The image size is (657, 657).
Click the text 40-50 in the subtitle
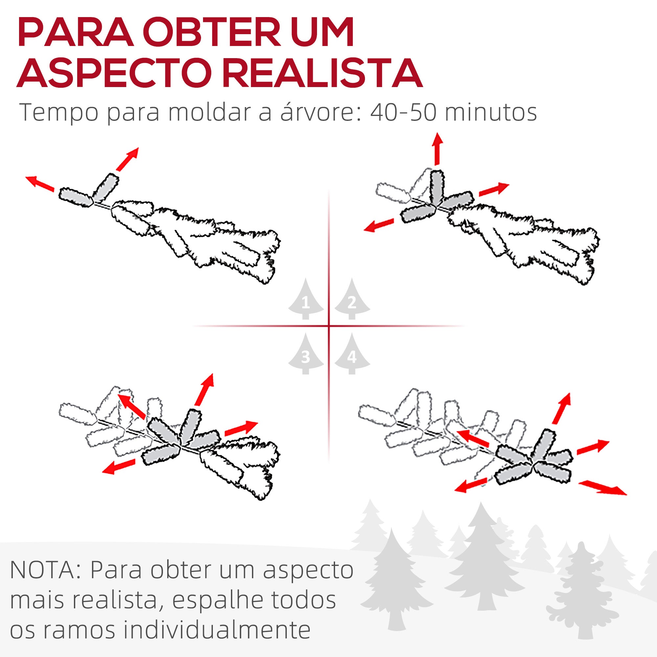point(403,112)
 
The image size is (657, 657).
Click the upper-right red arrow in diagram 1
point(127,158)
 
